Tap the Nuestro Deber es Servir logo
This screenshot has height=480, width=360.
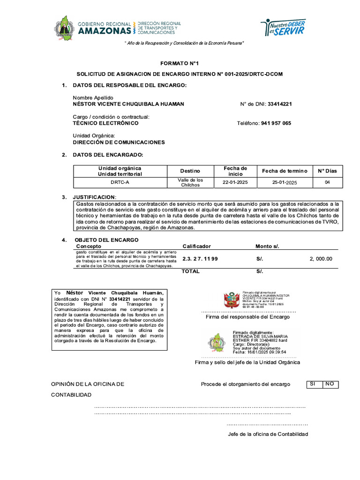(283, 27)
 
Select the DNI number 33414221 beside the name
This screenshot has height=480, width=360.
(279, 104)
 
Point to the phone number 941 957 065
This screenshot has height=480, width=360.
(276, 123)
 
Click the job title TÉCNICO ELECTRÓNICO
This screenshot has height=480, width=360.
(105, 123)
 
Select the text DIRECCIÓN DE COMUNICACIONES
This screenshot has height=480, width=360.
(119, 142)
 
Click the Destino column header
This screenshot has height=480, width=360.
(190, 171)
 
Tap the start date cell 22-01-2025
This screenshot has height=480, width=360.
(235, 182)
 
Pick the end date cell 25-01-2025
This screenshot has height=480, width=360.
(285, 182)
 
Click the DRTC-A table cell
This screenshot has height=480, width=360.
(120, 182)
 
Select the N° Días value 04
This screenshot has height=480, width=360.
(327, 182)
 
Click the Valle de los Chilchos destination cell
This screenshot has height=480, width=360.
(190, 182)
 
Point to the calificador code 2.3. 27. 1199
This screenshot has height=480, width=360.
(200, 259)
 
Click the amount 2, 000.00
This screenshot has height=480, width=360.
(321, 259)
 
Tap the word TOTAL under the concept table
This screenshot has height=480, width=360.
(190, 271)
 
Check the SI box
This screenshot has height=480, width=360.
(312, 384)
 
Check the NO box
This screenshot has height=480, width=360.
(330, 384)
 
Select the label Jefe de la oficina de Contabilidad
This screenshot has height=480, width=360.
(268, 434)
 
